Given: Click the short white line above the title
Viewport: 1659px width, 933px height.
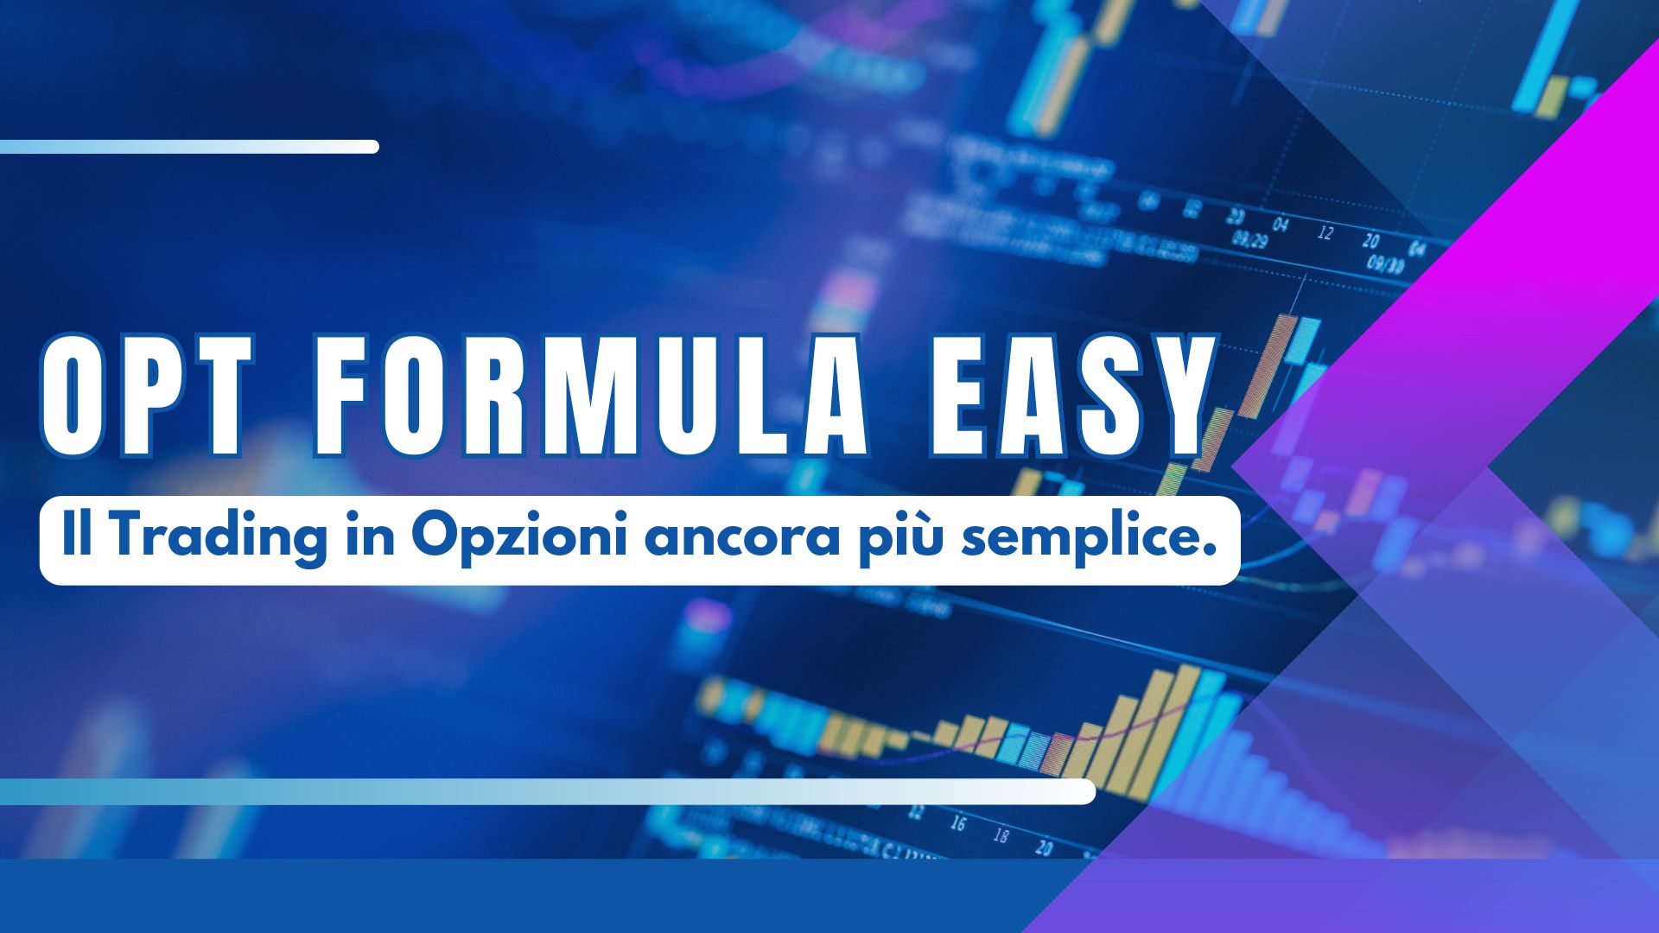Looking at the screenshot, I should pyautogui.click(x=189, y=147).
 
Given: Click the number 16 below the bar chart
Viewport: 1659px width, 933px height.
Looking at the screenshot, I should pyautogui.click(x=957, y=822).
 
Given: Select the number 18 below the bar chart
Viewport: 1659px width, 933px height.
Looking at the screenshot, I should pyautogui.click(x=1001, y=835).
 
